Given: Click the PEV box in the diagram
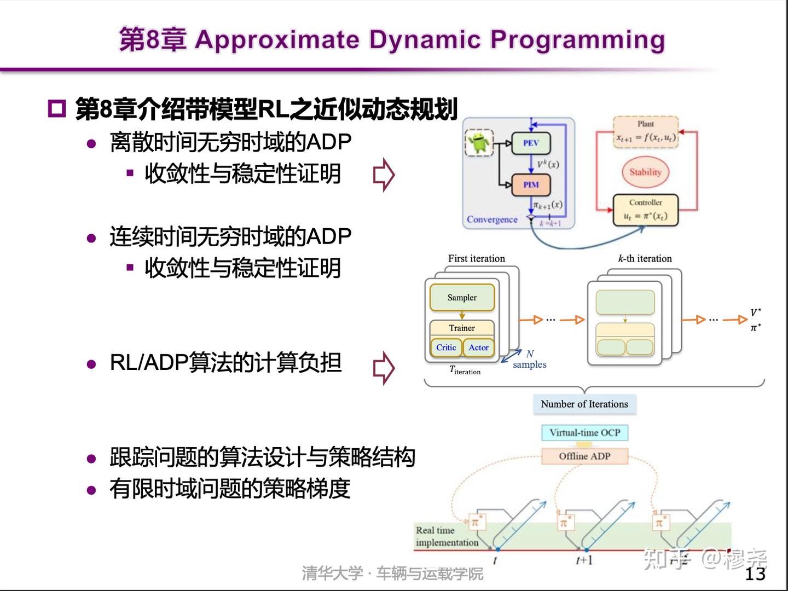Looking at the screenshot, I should coord(530,143).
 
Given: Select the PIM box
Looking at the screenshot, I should coord(530,185).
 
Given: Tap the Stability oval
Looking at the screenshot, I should coord(645,172).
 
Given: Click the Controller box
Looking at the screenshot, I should coord(645,210).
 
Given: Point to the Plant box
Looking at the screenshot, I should coord(645,132).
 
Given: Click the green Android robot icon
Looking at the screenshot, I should coord(479,142).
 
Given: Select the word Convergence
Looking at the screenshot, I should coord(492,219).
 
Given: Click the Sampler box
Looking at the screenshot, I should coord(462,298).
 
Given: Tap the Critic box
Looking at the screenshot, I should coord(446,347).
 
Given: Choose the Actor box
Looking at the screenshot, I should coord(479,347).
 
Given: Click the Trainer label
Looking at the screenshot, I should coord(462,328).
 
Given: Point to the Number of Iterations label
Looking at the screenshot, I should coord(584,404).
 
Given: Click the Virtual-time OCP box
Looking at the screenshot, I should coord(584,432).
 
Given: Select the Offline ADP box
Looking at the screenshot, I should coord(584,456).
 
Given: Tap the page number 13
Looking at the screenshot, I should coord(755,573).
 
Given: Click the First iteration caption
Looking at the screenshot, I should coord(477,258).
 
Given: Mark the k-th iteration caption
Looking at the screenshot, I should coord(645,258).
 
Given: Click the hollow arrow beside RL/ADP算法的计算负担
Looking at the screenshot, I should coord(384,368).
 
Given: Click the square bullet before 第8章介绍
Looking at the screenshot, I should coord(56,109).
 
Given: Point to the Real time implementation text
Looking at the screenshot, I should coord(447,536).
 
